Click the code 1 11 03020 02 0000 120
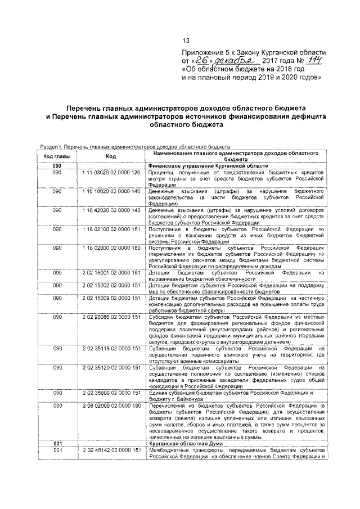(111, 172)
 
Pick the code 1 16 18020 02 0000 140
(111, 191)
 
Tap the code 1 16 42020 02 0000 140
(111, 210)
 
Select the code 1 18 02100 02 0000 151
(111, 229)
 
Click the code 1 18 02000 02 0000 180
(111, 249)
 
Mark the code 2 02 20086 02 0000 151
(111, 317)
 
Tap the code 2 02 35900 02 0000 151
(111, 393)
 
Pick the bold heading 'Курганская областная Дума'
(179, 444)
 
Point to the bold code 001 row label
(57, 444)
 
